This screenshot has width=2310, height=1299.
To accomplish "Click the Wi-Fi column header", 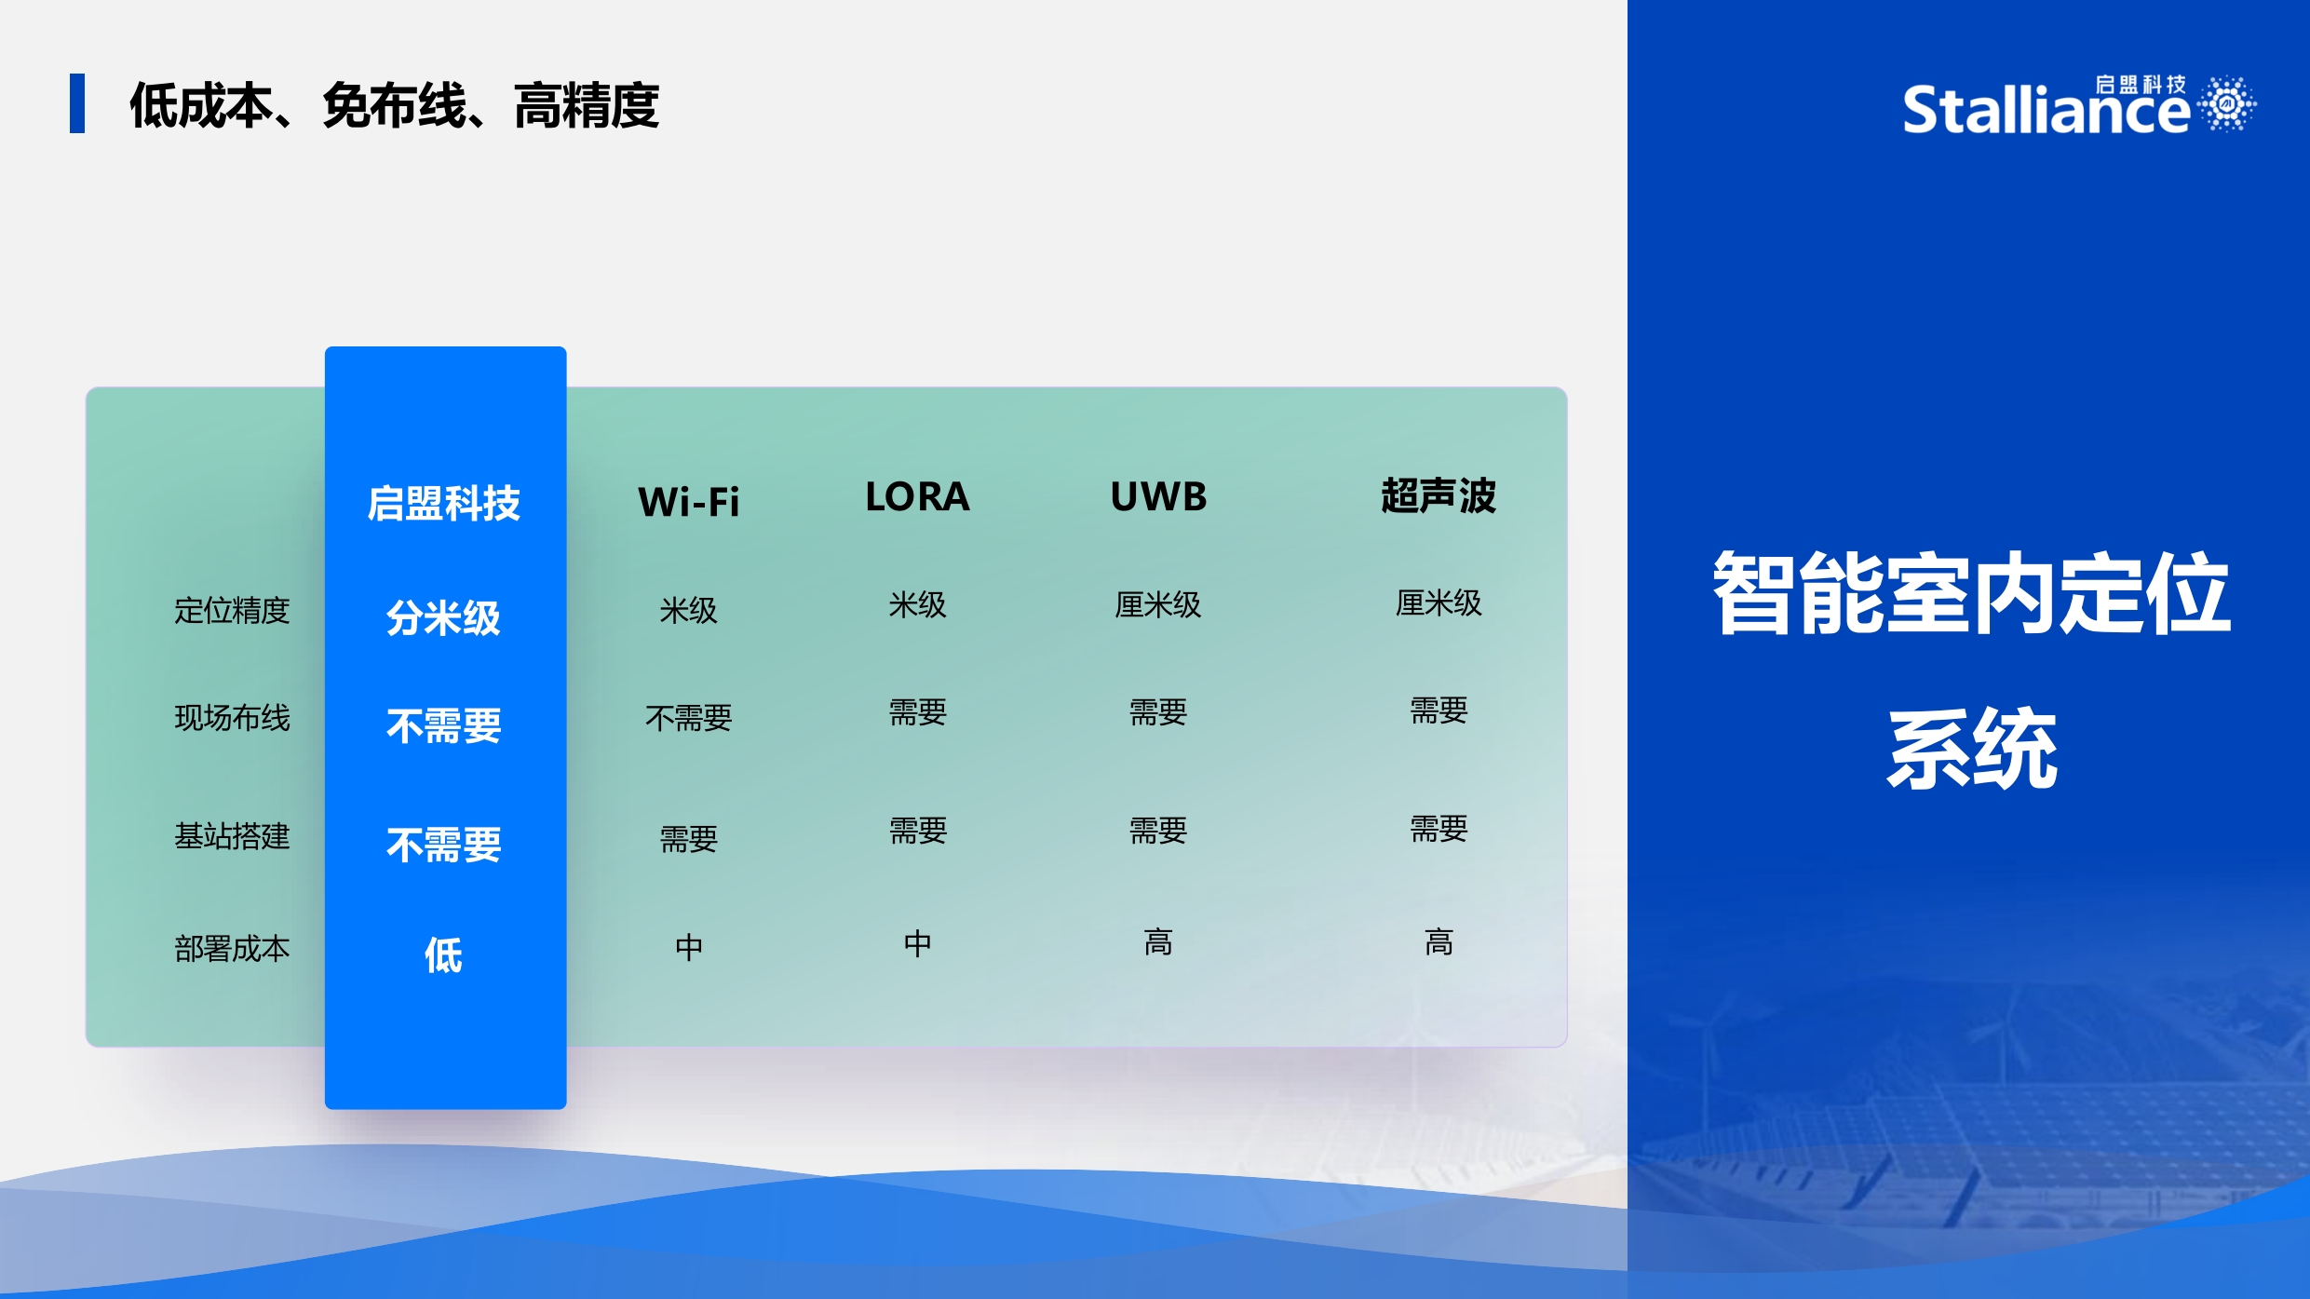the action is tap(688, 502).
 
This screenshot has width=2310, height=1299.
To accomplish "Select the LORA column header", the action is tap(917, 496).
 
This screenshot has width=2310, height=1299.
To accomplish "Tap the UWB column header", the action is tap(1158, 496).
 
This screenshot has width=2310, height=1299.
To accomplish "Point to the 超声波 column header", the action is tap(1439, 495).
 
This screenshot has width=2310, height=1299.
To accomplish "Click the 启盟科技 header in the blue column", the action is tap(444, 503).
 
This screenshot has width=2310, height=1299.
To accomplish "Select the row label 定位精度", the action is tap(232, 610).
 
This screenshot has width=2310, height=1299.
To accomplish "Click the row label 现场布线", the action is tap(232, 717).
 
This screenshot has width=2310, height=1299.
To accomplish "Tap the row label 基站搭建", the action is tap(232, 835).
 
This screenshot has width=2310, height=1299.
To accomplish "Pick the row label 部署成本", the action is tap(232, 948).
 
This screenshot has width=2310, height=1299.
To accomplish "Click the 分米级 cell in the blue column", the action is tap(444, 617).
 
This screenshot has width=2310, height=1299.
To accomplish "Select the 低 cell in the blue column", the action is tap(444, 954).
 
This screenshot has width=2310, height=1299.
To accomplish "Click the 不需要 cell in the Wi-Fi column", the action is tap(688, 717).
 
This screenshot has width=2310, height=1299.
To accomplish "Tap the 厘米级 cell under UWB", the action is tap(1158, 604).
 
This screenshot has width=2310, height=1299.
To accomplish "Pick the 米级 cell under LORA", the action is tap(917, 604).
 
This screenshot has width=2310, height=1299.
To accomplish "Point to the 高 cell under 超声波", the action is tap(1439, 942).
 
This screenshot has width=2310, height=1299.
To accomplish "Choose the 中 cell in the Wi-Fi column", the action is tap(688, 947).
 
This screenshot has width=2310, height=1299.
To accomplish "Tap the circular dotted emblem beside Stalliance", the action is tap(2228, 102).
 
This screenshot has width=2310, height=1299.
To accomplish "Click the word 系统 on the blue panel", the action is tap(1972, 750).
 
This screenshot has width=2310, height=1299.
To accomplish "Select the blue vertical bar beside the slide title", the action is tap(77, 103).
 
